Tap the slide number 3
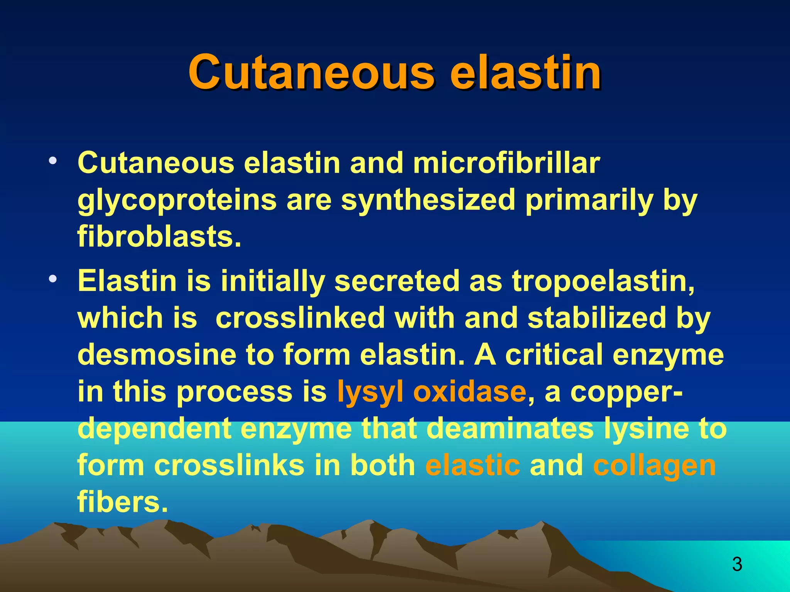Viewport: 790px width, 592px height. coord(737,565)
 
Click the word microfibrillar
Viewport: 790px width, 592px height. coord(506,163)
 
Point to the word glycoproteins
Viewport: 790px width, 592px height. coord(177,200)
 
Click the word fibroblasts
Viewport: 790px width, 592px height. coord(159,236)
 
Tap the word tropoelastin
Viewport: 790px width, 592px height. coord(603,281)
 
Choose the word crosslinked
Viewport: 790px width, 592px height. coord(300,318)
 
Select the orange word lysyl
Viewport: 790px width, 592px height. coord(370,392)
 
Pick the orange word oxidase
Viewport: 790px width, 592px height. coord(469,392)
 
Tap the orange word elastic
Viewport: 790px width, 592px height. coord(473,465)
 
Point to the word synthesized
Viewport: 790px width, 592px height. coord(428,200)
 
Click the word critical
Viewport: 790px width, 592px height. coord(554,355)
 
